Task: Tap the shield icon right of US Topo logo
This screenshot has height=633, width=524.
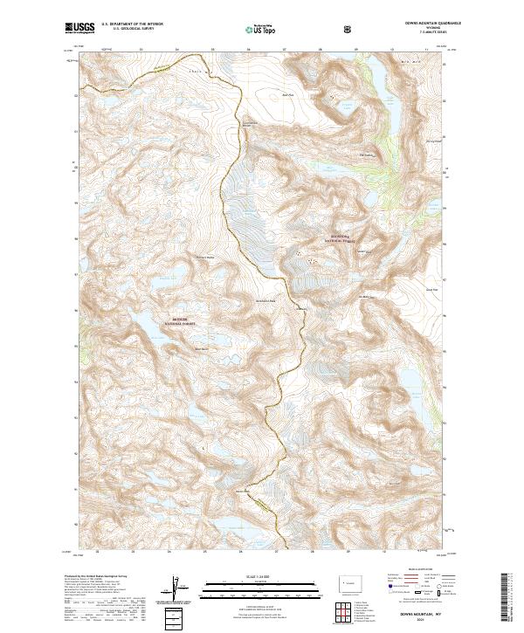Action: click(348, 29)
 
